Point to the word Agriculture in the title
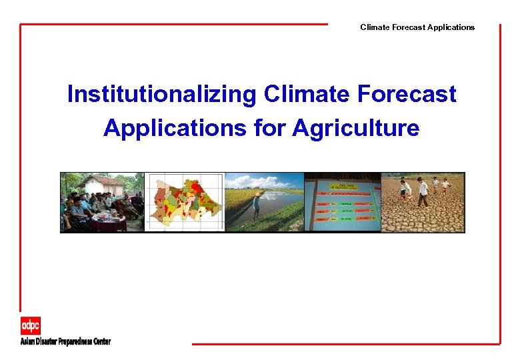[x=355, y=128]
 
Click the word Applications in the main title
[x=175, y=128]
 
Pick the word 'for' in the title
[x=269, y=128]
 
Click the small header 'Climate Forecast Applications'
[x=417, y=27]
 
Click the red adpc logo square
[x=30, y=326]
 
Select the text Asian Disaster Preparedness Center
[x=65, y=341]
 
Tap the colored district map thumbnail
[x=184, y=202]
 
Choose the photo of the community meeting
[x=102, y=202]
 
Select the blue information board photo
[x=342, y=202]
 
